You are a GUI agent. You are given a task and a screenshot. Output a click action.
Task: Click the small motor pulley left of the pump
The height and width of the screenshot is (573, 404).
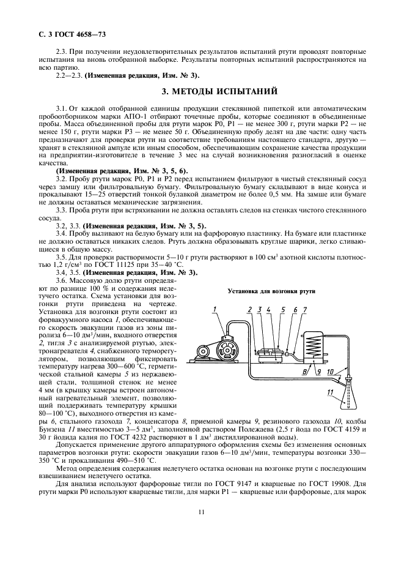tap(201, 351)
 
